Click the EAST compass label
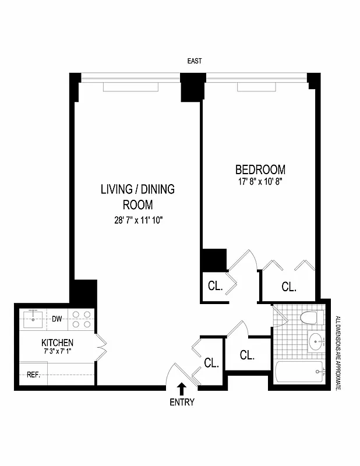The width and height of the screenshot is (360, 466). pyautogui.click(x=194, y=61)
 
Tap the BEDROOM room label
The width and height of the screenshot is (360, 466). pyautogui.click(x=260, y=170)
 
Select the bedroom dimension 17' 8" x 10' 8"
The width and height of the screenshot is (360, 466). pyautogui.click(x=260, y=181)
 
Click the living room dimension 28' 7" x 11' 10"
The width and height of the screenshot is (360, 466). pyautogui.click(x=137, y=220)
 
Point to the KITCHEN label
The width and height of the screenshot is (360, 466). pyautogui.click(x=57, y=343)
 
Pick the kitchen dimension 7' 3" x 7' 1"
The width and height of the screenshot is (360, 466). pyautogui.click(x=57, y=352)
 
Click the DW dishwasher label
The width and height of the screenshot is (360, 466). pyautogui.click(x=57, y=319)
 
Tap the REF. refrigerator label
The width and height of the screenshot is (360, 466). pyautogui.click(x=33, y=375)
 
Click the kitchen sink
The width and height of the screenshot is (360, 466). pyautogui.click(x=34, y=319)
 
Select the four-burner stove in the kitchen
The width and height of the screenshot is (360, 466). pyautogui.click(x=81, y=319)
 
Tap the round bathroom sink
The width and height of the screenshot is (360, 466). pyautogui.click(x=316, y=343)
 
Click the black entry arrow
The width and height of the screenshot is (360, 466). pyautogui.click(x=182, y=388)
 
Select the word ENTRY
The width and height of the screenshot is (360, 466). pyautogui.click(x=182, y=402)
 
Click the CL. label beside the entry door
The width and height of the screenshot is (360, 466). pyautogui.click(x=211, y=363)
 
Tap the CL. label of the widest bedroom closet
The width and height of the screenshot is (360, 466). pyautogui.click(x=289, y=287)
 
